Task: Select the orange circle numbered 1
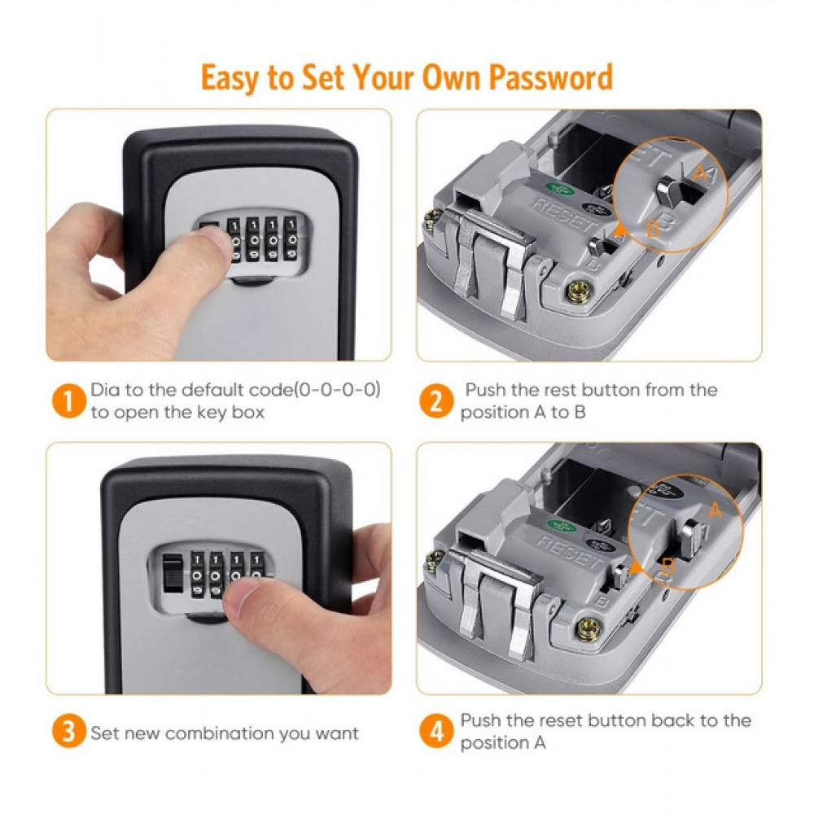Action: point(68,400)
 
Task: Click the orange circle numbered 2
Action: point(437,400)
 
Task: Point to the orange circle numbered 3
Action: point(68,731)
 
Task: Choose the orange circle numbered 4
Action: point(437,731)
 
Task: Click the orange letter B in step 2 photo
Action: point(651,230)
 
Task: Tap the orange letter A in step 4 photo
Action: point(716,511)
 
